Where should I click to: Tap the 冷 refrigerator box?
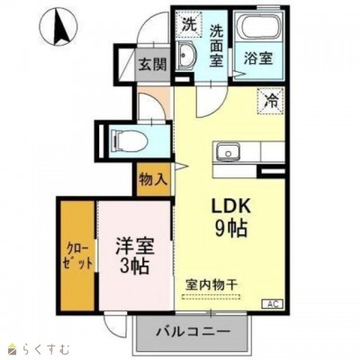271,101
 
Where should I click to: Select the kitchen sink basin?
228,150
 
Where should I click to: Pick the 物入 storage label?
153,179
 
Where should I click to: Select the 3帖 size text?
133,265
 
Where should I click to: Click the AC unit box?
272,304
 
